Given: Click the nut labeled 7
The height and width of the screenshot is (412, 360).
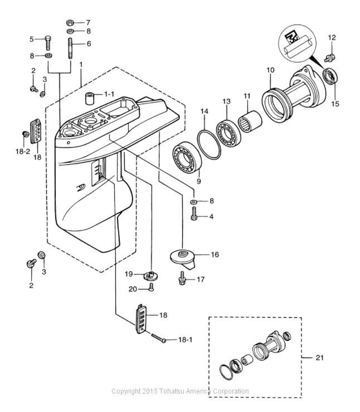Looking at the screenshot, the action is pos(70,22).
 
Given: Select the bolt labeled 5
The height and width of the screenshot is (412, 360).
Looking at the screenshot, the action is pos(48,43).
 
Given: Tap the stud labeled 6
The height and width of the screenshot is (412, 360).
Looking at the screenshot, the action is pos(70,48).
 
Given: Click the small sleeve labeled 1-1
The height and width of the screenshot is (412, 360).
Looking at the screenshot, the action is pos(90,98).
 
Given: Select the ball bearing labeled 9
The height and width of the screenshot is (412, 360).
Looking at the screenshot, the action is pos(187,157).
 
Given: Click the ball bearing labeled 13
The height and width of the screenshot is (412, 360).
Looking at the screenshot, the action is pos(229,133).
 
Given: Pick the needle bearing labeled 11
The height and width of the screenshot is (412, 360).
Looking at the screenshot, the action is pos(250,122).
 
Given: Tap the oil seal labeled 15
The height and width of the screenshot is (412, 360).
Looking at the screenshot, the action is pos(330,76).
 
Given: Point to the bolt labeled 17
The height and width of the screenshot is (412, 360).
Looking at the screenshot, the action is pos(182,278).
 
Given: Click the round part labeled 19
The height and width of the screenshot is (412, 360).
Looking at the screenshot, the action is pos(151,276).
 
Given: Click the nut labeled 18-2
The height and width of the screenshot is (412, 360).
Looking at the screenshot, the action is pos(26,134).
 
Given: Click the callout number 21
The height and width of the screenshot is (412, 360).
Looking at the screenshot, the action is pos(319,358).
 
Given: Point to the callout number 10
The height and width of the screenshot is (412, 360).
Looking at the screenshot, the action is pos(270,70).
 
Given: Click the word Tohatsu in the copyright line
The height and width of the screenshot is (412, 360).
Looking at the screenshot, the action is pos(171,391).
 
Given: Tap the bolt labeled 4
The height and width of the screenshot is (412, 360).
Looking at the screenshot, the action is pos(194,214).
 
